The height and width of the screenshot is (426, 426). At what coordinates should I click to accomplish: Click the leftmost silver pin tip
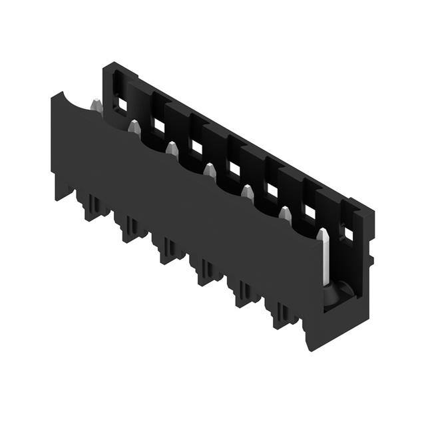[95, 105]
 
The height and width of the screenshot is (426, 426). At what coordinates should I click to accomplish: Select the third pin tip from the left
[172, 147]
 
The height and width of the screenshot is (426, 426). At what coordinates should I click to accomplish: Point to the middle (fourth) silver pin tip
[210, 169]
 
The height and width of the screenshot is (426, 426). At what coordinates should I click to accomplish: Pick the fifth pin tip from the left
[248, 192]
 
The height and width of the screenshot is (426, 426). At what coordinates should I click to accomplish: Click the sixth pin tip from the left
[285, 214]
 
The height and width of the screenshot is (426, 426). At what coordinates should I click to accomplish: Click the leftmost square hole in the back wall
[122, 105]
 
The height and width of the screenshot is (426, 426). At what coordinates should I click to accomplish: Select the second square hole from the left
[159, 125]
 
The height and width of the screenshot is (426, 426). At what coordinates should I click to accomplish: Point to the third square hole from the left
[197, 146]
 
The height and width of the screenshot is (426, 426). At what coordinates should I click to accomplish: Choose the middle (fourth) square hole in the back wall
[234, 168]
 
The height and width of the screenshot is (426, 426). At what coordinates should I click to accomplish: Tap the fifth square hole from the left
[272, 190]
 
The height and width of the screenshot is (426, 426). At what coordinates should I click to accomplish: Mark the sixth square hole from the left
[310, 212]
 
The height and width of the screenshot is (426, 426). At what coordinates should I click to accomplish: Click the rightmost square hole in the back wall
[347, 234]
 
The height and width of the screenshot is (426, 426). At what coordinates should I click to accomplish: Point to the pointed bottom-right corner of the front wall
[308, 348]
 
